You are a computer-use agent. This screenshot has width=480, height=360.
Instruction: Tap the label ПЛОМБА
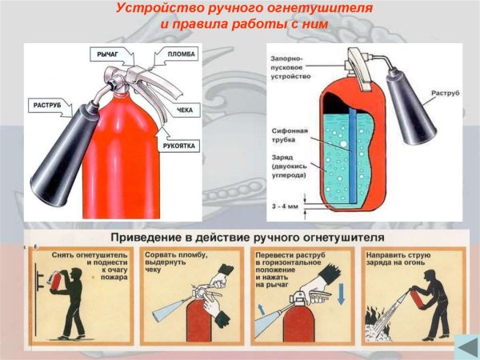183,54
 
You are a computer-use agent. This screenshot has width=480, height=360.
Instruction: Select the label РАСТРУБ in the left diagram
50,104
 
